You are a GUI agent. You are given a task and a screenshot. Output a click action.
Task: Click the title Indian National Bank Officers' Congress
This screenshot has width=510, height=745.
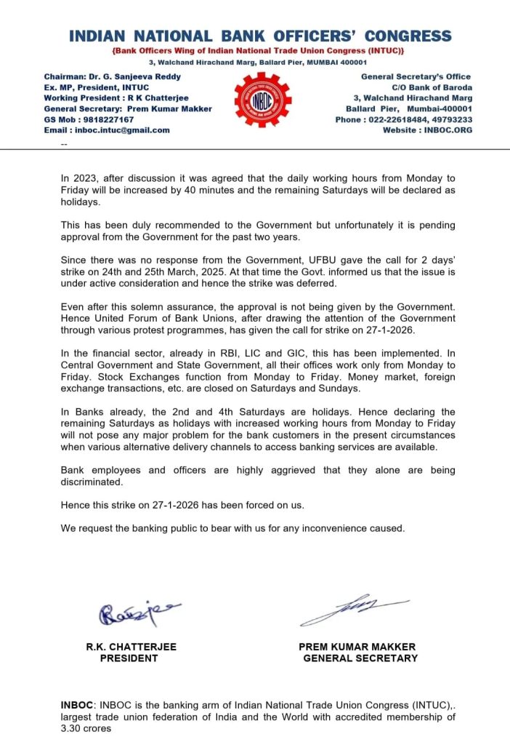[x=259, y=36]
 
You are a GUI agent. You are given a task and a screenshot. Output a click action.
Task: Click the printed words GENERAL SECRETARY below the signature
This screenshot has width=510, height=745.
[x=360, y=658]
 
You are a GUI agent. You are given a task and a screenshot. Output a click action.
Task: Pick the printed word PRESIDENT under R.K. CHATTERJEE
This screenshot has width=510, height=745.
[x=129, y=658]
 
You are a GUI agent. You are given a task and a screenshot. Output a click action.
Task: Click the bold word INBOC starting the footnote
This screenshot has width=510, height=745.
[x=76, y=706]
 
